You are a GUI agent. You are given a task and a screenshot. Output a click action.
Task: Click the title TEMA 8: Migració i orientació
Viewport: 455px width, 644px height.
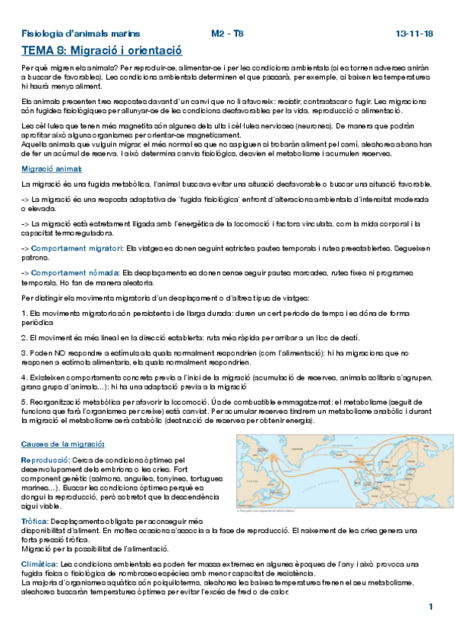(102, 51)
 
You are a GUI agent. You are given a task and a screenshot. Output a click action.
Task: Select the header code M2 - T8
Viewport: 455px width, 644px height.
(227, 34)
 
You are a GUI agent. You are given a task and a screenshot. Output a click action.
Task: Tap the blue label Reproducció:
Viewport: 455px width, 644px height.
(46, 460)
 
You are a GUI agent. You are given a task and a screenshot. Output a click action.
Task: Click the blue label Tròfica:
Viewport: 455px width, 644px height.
(34, 521)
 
